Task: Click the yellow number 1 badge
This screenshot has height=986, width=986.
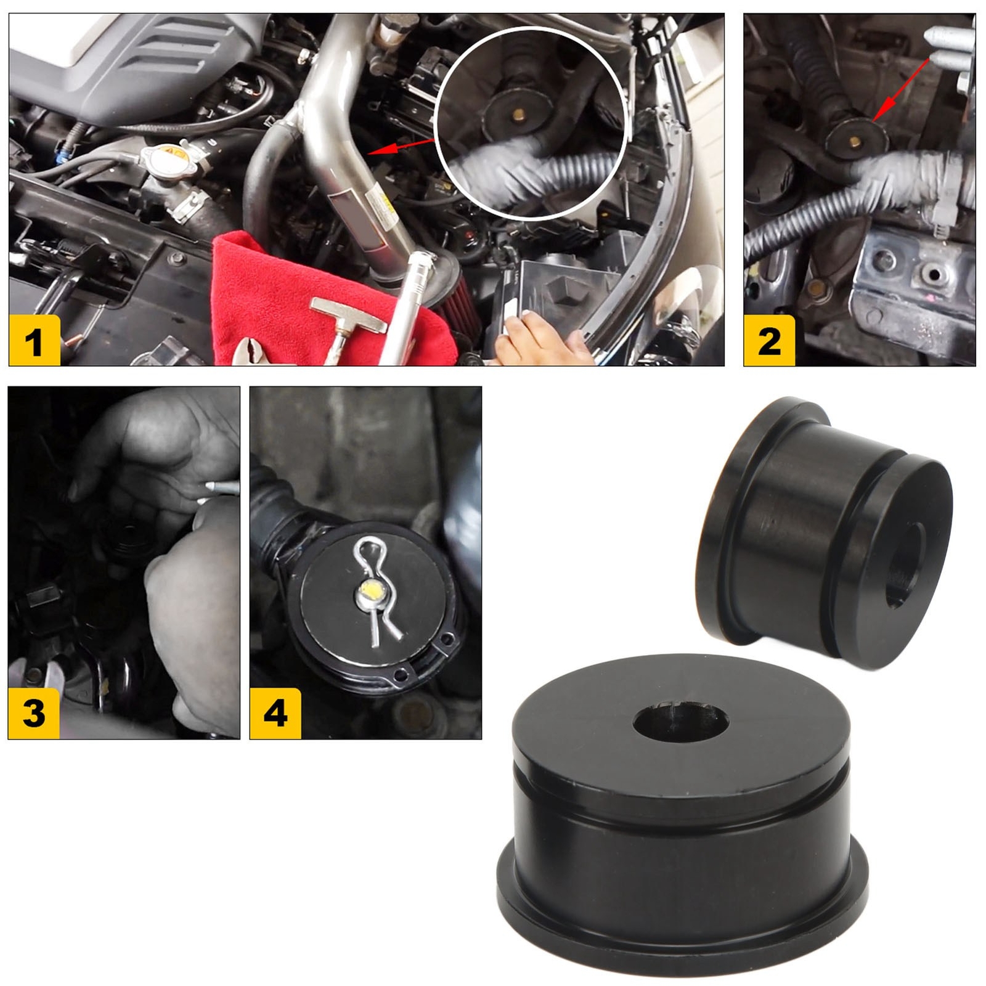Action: coord(35,341)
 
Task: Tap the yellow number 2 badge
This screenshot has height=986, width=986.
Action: coord(769,341)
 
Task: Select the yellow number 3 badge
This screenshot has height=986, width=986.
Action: coord(34,713)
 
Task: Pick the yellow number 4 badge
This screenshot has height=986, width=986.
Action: coord(275,713)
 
